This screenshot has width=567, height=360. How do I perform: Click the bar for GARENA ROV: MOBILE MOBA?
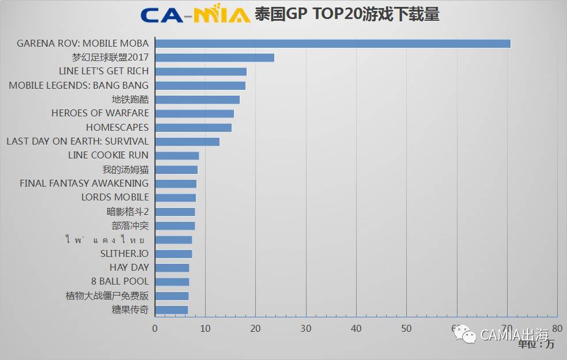coord(332,43)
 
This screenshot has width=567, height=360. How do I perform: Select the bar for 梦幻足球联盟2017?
coord(214,58)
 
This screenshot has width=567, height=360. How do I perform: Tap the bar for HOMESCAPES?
coord(193,127)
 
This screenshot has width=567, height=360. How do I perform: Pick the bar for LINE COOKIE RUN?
coord(177,156)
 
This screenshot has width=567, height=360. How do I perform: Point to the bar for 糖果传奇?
coord(171,310)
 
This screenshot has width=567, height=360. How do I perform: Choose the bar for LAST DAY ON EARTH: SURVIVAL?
coord(187,142)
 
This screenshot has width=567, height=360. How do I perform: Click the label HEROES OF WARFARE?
coord(100,113)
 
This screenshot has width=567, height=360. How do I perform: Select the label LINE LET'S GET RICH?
coord(104,71)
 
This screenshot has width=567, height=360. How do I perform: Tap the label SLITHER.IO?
coord(124,254)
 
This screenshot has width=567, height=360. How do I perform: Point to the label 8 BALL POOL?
coord(120,282)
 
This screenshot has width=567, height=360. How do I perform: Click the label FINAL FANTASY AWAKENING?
coord(84,183)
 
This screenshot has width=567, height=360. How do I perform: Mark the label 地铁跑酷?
coord(130,100)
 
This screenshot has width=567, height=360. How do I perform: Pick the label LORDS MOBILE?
coord(115,198)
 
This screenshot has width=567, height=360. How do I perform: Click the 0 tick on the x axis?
coord(155,328)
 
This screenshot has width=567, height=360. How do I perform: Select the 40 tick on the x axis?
coord(356,328)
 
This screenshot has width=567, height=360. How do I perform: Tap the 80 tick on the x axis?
coord(557,328)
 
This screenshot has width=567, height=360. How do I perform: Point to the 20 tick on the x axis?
coord(255,328)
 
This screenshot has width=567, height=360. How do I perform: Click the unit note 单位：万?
coord(536,344)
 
